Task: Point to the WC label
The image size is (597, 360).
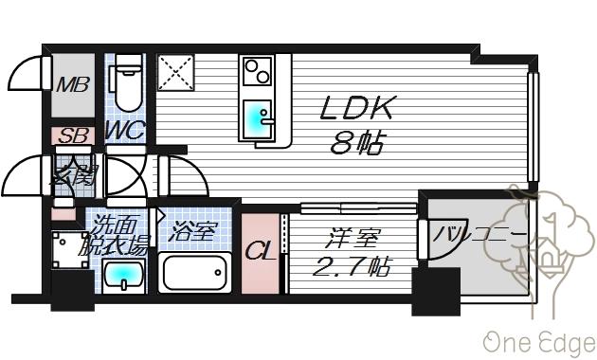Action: click(125, 131)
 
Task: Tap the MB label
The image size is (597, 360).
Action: click(71, 85)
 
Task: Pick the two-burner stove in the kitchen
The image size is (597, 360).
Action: click(257, 70)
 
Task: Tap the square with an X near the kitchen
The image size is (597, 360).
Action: click(175, 72)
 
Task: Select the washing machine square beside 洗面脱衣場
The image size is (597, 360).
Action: click(71, 249)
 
